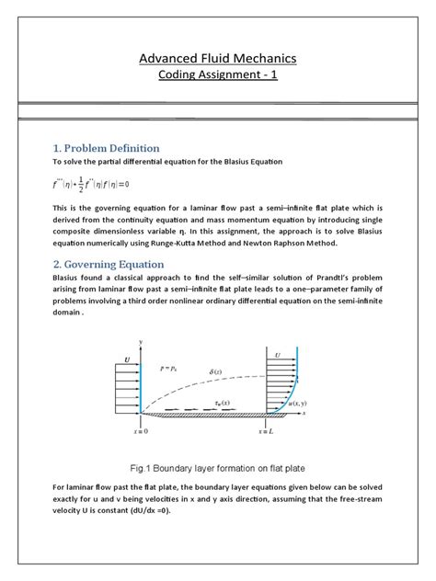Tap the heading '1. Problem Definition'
tap(107, 148)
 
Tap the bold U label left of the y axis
tap(125, 360)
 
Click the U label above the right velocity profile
tap(277, 353)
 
